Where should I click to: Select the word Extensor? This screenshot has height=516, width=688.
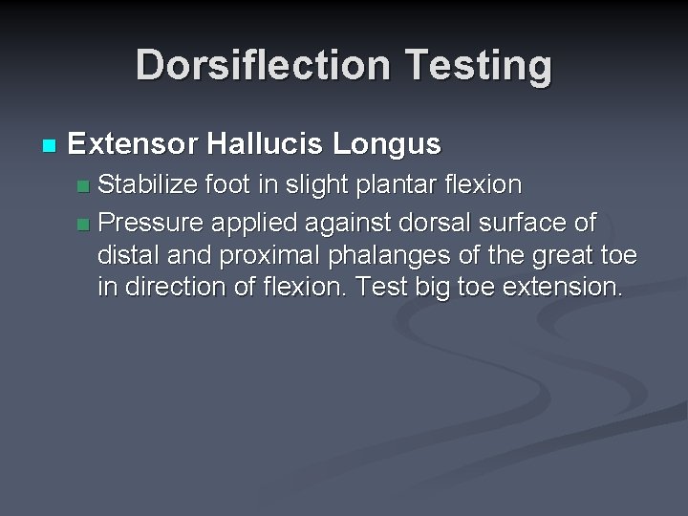(x=132, y=144)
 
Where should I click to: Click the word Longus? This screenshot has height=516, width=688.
(x=387, y=144)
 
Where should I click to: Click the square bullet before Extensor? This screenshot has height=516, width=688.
(x=50, y=146)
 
